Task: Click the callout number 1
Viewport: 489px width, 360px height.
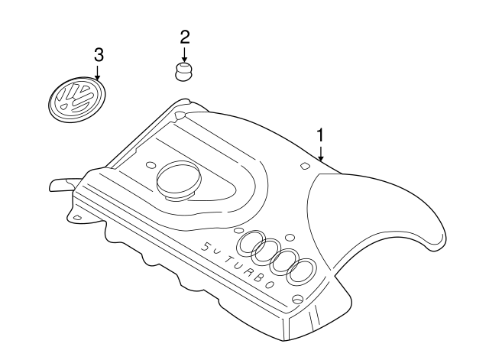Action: tap(321, 135)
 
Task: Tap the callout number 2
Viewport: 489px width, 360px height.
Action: tap(184, 36)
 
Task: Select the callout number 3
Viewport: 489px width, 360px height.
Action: tap(98, 54)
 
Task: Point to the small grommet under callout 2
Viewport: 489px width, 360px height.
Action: tap(183, 73)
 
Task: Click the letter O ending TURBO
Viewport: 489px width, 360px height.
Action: tap(270, 283)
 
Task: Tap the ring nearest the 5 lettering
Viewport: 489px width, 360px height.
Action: tap(251, 244)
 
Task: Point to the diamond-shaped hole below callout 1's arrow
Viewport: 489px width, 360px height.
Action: tap(304, 165)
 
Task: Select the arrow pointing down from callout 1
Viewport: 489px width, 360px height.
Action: tap(322, 153)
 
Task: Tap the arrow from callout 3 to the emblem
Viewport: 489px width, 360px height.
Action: tap(98, 72)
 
